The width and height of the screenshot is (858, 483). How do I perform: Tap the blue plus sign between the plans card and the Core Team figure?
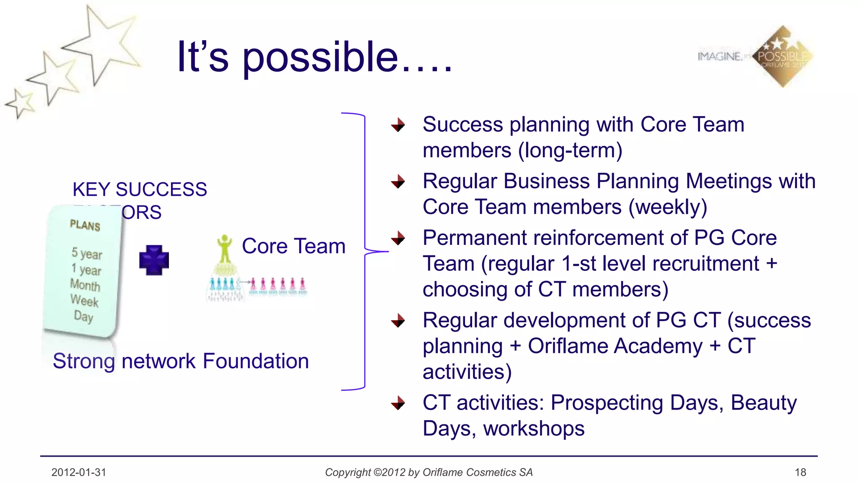(154, 260)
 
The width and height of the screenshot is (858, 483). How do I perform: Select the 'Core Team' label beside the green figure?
(293, 246)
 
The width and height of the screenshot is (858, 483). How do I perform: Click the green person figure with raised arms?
(225, 249)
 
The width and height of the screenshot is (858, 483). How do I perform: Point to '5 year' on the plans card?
(86, 253)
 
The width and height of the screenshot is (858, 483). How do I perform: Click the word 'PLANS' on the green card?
(85, 226)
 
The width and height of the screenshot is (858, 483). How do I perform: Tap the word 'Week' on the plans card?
(84, 301)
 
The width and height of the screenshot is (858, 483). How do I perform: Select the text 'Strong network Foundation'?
(181, 361)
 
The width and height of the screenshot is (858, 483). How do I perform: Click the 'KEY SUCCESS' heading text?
(140, 190)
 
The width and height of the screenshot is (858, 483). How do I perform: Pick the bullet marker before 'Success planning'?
(398, 125)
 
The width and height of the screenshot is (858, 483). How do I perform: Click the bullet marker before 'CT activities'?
(398, 403)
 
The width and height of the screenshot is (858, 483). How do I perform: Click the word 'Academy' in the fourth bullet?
(657, 346)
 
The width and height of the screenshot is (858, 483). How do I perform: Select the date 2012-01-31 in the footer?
(79, 473)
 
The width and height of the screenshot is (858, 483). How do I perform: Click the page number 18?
(800, 473)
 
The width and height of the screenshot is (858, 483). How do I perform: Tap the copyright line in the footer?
(429, 473)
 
